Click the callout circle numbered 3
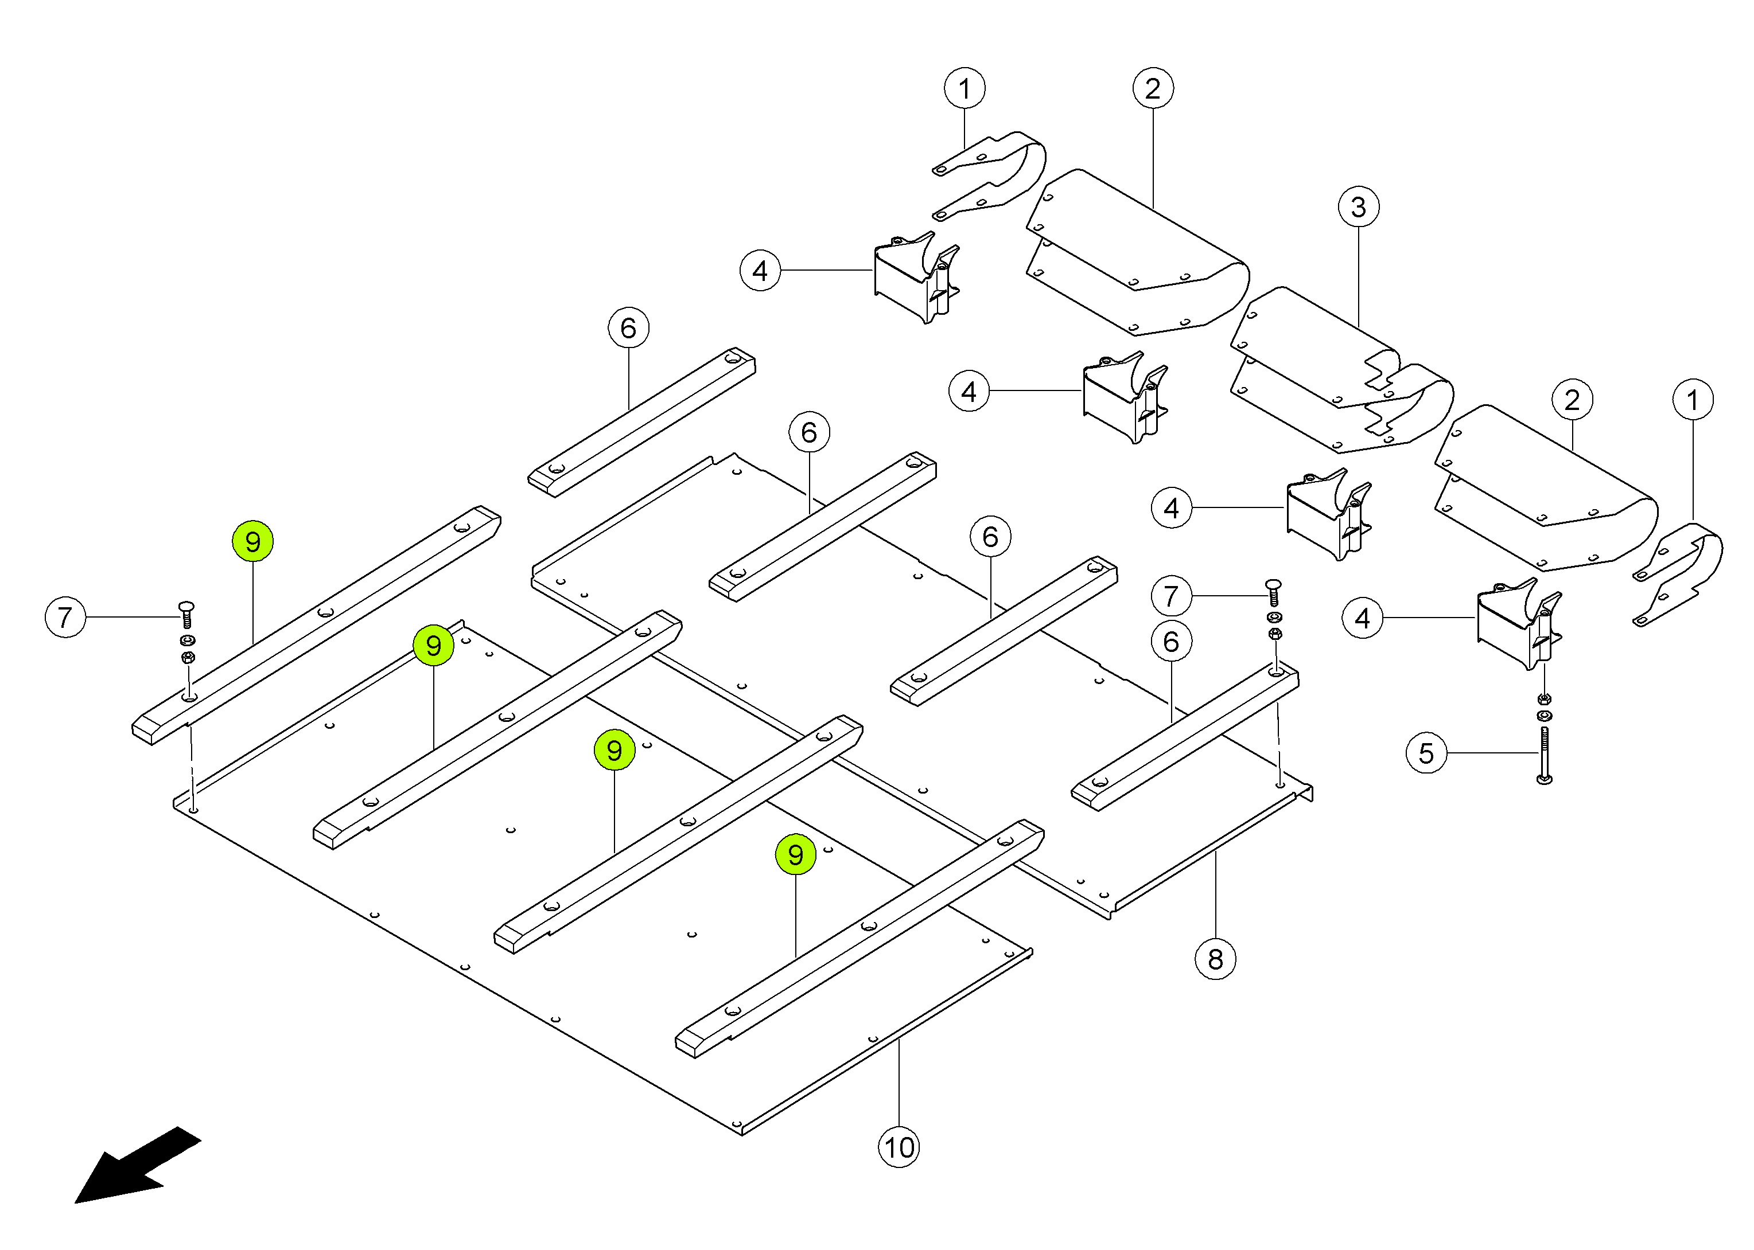click(1358, 207)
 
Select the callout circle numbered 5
click(1426, 753)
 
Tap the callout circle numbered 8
click(1215, 959)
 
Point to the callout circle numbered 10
click(899, 1147)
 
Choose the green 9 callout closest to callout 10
click(795, 854)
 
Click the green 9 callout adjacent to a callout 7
click(252, 541)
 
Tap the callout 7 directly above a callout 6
click(1171, 596)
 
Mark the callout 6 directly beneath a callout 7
click(1171, 641)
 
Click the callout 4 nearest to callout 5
click(1362, 618)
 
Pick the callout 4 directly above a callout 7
click(1171, 508)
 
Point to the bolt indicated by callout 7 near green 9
click(186, 614)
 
